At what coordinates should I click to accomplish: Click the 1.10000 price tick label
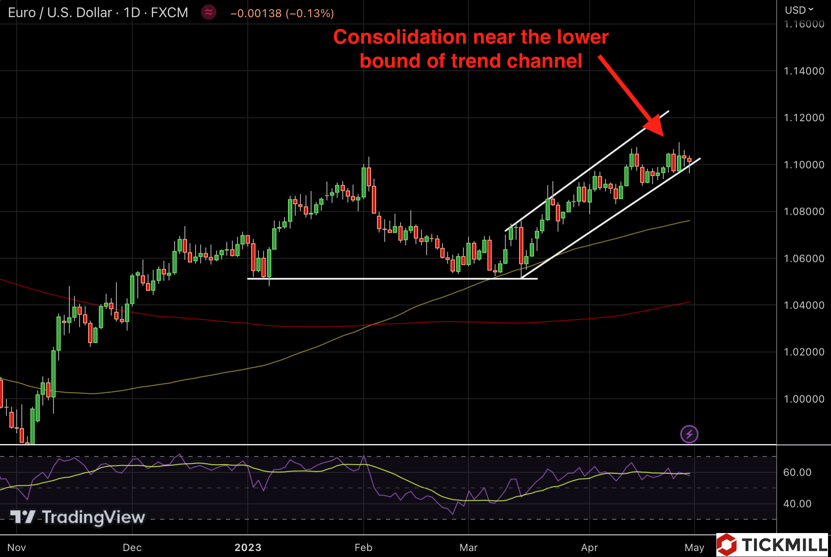[x=804, y=165]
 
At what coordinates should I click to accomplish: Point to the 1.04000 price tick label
[x=804, y=305]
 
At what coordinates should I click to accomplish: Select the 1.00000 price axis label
[x=804, y=399]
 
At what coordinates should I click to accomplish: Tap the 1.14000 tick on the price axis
[x=804, y=71]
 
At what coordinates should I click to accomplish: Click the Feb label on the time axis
[x=363, y=547]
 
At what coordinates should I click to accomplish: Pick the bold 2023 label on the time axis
[x=248, y=547]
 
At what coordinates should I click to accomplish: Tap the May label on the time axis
[x=694, y=547]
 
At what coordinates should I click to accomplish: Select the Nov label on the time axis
[x=17, y=547]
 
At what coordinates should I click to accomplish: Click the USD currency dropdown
[x=798, y=10]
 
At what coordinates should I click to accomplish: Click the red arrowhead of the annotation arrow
[x=654, y=126]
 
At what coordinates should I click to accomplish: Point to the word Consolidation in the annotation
[x=399, y=37]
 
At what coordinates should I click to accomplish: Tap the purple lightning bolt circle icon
[x=689, y=435]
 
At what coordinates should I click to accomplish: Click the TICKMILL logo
[x=773, y=545]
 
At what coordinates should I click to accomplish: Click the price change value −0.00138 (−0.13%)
[x=282, y=13]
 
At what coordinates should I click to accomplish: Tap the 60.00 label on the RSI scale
[x=797, y=472]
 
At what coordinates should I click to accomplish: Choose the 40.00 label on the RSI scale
[x=797, y=504]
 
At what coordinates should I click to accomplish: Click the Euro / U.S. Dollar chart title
[x=60, y=13]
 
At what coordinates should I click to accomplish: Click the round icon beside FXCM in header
[x=209, y=12]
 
